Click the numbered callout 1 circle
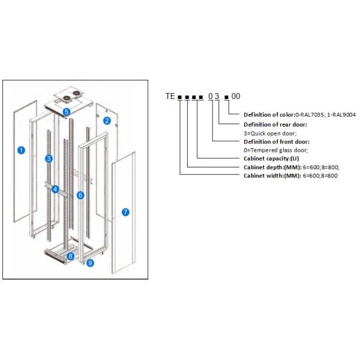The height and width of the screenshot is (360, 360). (x=21, y=150)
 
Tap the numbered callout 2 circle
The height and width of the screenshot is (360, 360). (x=107, y=121)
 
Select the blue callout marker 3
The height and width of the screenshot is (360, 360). (x=49, y=159)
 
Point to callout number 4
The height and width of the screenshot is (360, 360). (x=55, y=190)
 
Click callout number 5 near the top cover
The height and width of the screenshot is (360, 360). (x=67, y=112)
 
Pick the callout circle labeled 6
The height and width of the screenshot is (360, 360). (x=80, y=195)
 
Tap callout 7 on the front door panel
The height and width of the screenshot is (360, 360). (x=125, y=212)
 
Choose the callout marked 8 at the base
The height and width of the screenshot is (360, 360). (x=71, y=256)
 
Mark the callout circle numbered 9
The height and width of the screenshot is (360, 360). (x=89, y=263)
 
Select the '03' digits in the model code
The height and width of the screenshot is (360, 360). (x=213, y=96)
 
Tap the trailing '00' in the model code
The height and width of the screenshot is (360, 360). (x=236, y=96)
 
